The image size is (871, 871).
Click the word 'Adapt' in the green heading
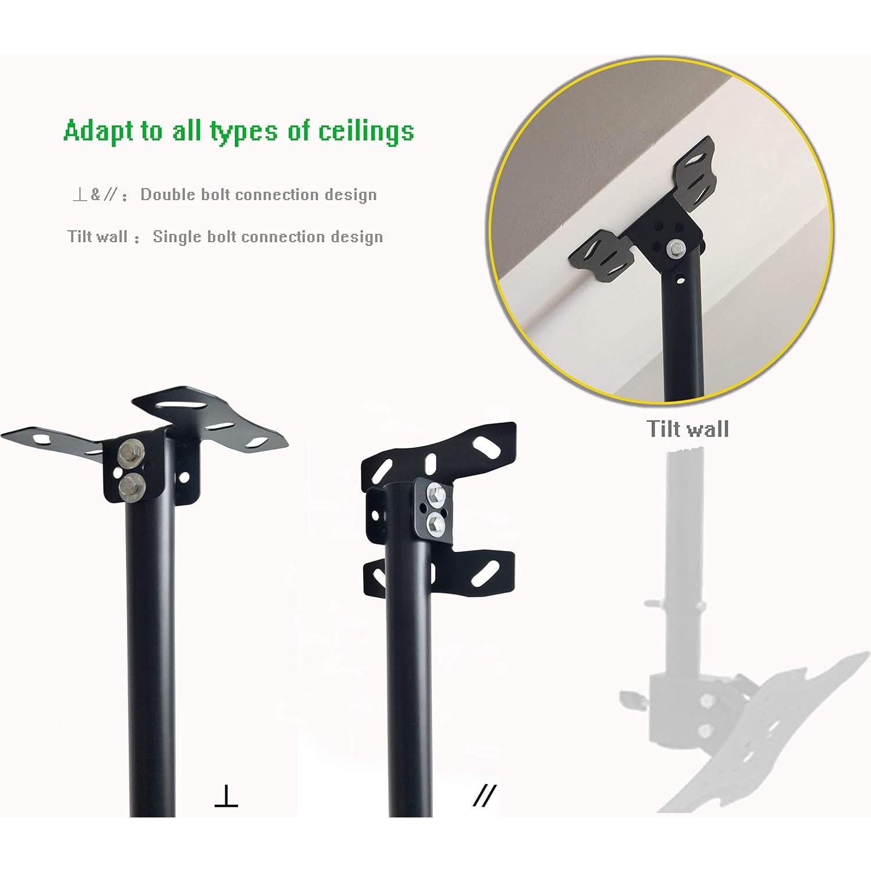pos(99,131)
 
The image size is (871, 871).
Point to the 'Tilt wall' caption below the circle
pos(687,429)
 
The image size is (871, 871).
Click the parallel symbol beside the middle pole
pos(484,795)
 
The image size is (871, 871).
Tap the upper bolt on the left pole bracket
pos(128,453)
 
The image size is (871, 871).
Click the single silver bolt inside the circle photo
pos(675,248)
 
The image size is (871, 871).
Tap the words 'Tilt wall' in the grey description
pos(97,237)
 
